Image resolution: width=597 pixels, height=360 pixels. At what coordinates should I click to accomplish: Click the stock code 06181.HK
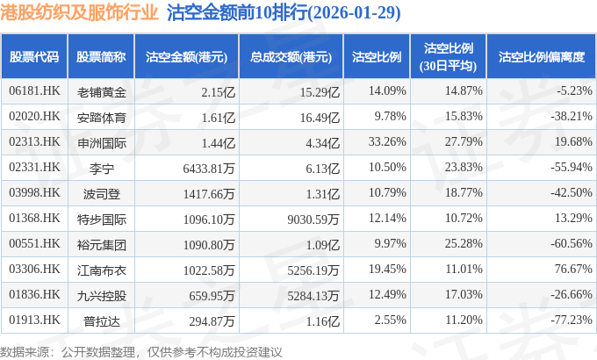click(x=33, y=90)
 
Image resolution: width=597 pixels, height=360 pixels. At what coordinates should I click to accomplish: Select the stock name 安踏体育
click(x=102, y=116)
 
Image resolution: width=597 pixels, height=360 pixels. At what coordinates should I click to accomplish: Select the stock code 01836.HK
click(x=33, y=294)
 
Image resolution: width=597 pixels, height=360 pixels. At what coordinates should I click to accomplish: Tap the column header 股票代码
click(x=33, y=57)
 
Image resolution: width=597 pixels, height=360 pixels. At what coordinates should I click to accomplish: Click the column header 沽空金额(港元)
click(x=186, y=57)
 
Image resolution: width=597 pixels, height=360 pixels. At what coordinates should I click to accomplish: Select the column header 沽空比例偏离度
click(x=541, y=57)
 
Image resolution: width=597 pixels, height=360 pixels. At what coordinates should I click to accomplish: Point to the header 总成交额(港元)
click(x=290, y=57)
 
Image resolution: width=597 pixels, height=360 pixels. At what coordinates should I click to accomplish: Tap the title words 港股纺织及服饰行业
click(x=80, y=13)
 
